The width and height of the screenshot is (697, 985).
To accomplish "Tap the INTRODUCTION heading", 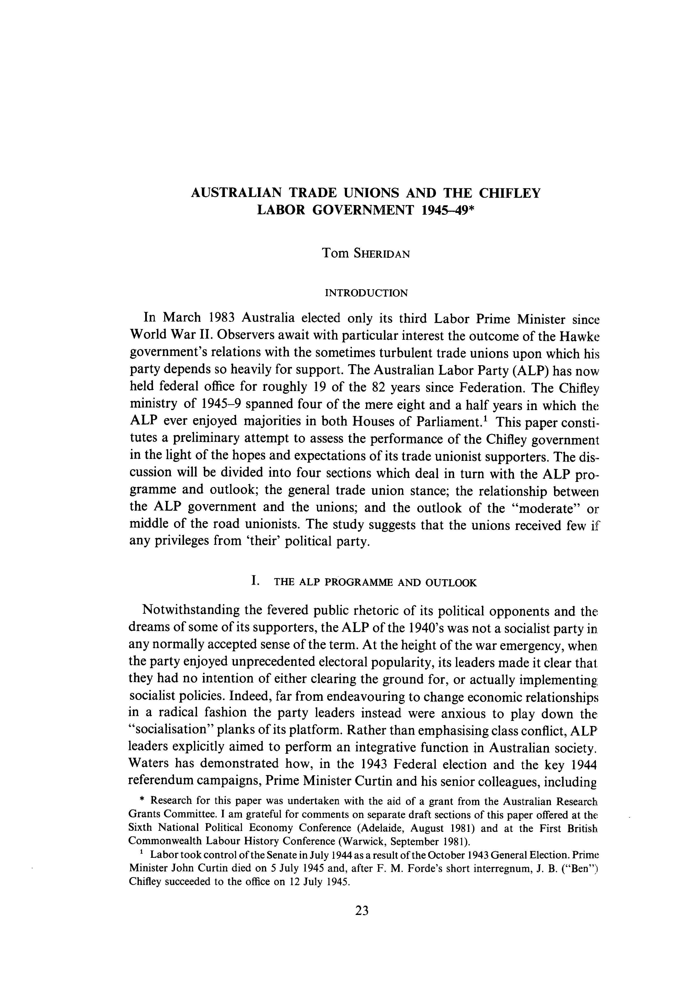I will point(366,293).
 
